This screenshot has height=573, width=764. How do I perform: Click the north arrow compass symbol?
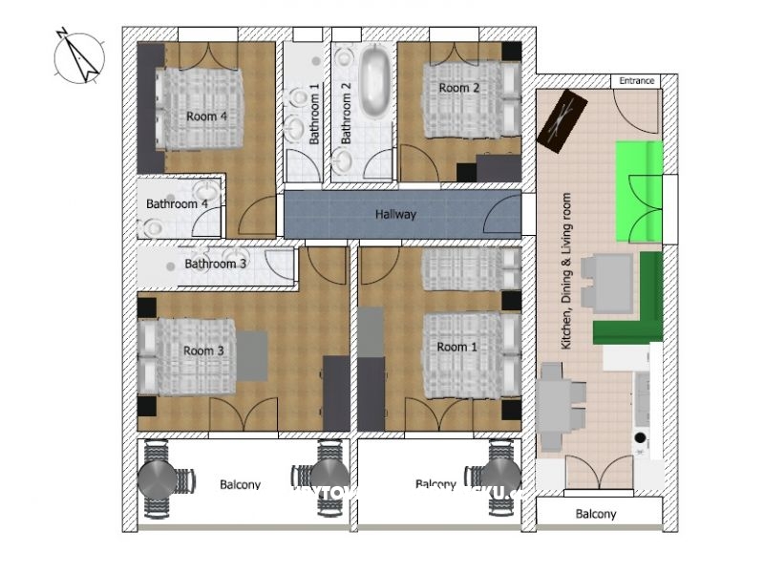tap(77, 56)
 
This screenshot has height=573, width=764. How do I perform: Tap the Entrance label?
tap(637, 81)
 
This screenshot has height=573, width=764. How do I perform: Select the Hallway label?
tap(395, 215)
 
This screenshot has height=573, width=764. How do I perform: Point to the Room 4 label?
tap(206, 116)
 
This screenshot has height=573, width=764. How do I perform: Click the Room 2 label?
tap(458, 88)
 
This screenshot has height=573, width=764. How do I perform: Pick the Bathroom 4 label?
tap(177, 204)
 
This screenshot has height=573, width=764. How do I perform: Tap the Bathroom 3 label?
tap(216, 264)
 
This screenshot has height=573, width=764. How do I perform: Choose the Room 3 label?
tap(203, 350)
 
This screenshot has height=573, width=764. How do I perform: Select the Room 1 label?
tap(456, 347)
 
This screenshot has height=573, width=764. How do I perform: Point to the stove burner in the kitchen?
tap(640, 439)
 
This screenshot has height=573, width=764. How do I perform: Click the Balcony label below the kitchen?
tap(596, 514)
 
